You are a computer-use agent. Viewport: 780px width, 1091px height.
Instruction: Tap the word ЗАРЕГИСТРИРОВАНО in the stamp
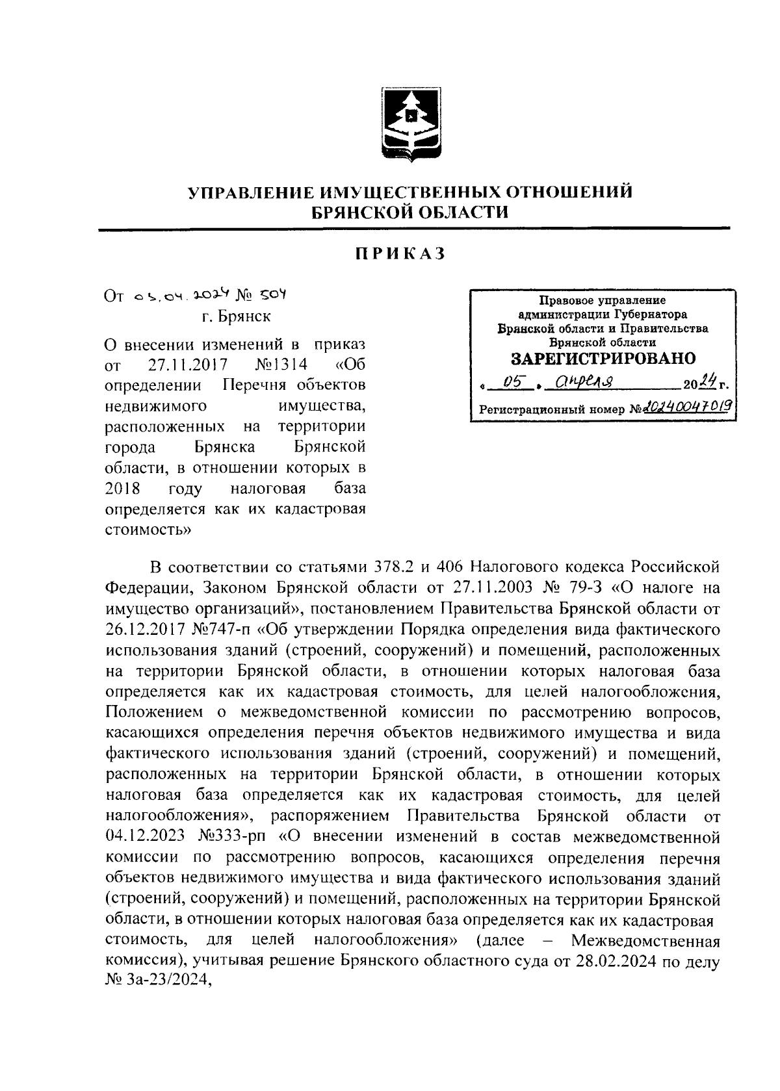pyautogui.click(x=603, y=359)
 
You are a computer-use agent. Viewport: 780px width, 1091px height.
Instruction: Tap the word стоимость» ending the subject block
pyautogui.click(x=148, y=529)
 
